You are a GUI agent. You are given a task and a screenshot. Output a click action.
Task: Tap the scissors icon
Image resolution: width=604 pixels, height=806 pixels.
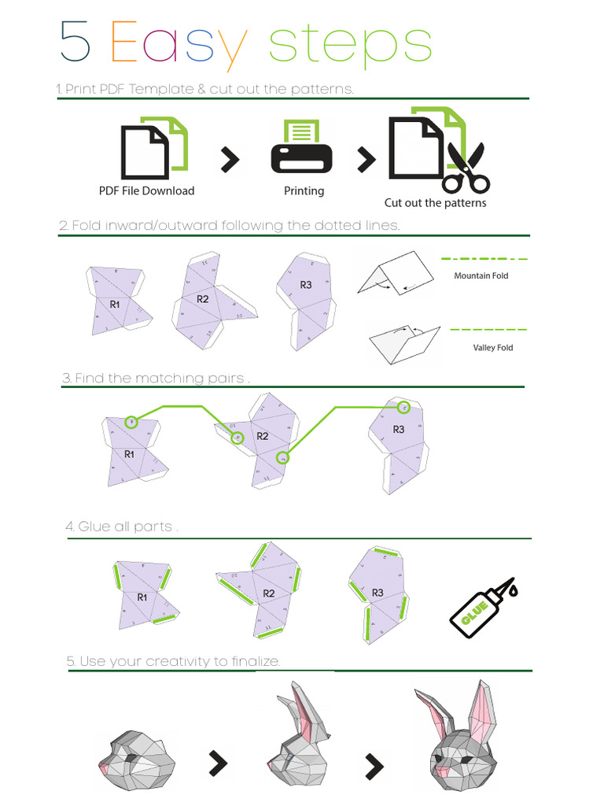tap(465, 168)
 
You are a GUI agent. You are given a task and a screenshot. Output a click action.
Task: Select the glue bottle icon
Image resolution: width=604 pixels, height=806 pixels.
tap(481, 608)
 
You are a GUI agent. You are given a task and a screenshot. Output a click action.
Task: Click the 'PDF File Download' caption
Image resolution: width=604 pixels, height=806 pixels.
tap(146, 190)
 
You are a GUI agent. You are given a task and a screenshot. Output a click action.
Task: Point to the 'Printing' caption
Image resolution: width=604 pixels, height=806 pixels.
tap(304, 190)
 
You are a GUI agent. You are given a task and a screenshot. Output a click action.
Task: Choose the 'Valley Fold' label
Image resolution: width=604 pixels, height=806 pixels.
tap(492, 347)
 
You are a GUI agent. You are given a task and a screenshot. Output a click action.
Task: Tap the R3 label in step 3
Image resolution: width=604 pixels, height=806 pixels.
tap(399, 429)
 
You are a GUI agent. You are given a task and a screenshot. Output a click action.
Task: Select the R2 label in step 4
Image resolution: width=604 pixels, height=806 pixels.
tap(269, 593)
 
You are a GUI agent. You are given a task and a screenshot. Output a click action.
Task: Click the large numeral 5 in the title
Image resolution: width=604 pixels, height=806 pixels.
tap(75, 43)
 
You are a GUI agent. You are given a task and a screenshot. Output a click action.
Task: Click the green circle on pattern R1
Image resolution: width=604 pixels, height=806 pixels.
tap(131, 422)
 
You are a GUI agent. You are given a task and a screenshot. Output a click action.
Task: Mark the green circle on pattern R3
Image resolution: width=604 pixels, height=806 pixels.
tap(403, 407)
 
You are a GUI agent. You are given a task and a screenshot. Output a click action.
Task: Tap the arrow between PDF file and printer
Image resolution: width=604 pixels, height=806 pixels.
tap(229, 160)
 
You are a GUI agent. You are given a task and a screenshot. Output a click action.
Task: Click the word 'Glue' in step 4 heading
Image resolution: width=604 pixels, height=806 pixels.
tap(94, 527)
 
